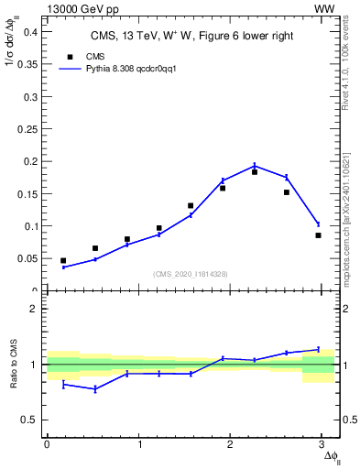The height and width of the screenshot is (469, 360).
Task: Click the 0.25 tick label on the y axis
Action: [29, 129]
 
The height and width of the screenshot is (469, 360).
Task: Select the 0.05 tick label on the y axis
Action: [29, 258]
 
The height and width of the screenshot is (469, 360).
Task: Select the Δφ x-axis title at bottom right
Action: [332, 456]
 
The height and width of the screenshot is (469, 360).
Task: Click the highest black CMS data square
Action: [255, 171]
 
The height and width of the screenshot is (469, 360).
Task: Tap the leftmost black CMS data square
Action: [63, 261]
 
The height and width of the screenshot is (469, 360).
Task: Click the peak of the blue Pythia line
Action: [255, 166]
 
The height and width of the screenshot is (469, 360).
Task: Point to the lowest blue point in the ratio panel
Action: [95, 389]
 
